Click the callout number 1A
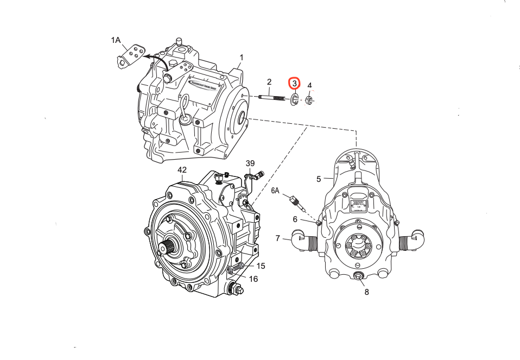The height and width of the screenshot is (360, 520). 116,40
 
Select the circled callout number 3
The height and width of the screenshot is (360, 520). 294,83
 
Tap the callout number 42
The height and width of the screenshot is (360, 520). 182,170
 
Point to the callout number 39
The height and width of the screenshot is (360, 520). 250,163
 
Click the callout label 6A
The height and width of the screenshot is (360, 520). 275,191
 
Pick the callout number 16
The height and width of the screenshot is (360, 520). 253,279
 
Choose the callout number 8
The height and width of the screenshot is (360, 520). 366,292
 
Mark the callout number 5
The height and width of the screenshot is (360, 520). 319,178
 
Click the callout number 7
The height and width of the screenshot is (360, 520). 277,238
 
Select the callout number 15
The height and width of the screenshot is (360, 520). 261,266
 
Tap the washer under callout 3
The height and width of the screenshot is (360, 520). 294,99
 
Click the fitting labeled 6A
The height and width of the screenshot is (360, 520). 297,201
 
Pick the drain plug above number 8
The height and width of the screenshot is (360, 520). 359,278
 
